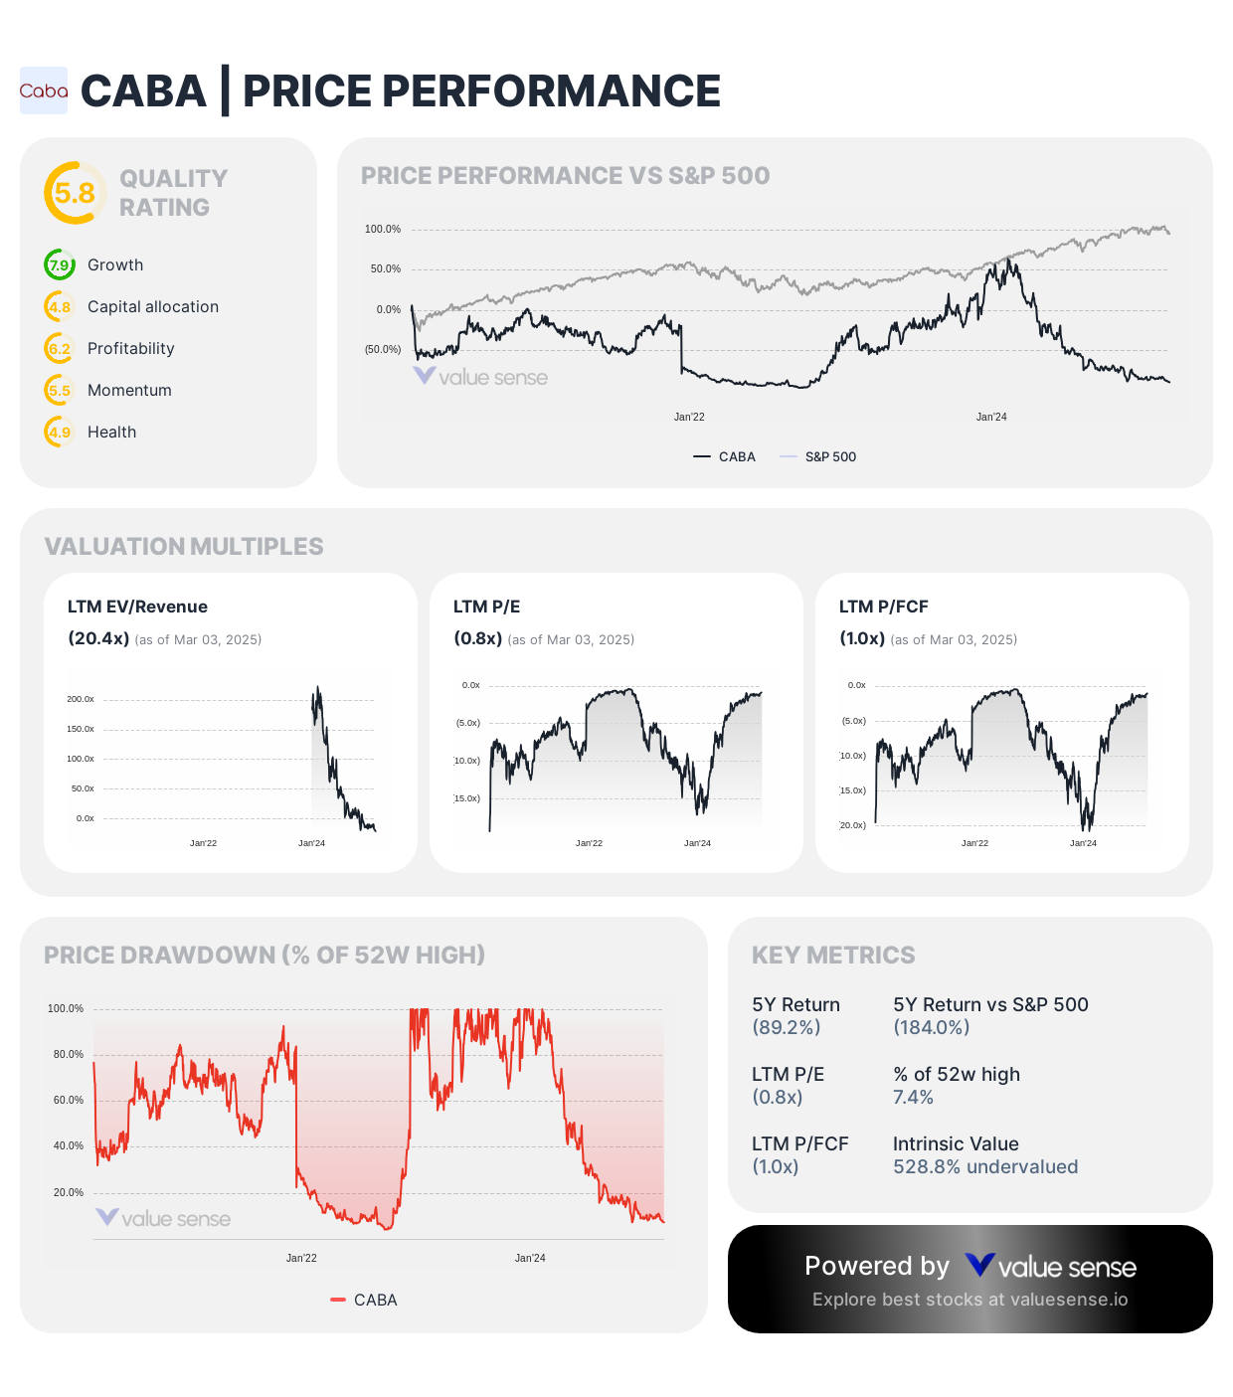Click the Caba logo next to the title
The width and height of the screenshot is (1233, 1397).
tap(44, 90)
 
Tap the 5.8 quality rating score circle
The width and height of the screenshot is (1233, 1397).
tap(75, 193)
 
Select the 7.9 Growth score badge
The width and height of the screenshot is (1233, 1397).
tap(60, 265)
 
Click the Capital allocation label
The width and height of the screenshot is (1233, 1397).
tap(153, 307)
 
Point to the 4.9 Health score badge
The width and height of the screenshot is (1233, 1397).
tap(60, 433)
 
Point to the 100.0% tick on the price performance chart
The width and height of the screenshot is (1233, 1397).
tap(383, 230)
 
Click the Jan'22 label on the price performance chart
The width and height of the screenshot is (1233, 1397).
tap(689, 418)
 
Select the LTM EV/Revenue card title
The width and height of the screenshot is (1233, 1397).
tap(137, 608)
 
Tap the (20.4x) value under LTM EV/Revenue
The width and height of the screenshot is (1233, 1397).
tap(98, 638)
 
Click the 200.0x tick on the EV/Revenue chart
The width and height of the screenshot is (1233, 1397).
tap(81, 700)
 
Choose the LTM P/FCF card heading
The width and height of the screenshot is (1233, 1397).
tap(883, 608)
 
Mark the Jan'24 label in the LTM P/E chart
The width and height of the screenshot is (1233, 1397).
tap(697, 843)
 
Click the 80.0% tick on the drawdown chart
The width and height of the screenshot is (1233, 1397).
tap(69, 1055)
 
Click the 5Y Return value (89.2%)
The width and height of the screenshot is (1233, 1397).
tap(786, 1028)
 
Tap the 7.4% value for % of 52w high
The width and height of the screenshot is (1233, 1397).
tap(913, 1098)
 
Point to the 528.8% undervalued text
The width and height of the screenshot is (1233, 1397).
tap(984, 1167)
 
